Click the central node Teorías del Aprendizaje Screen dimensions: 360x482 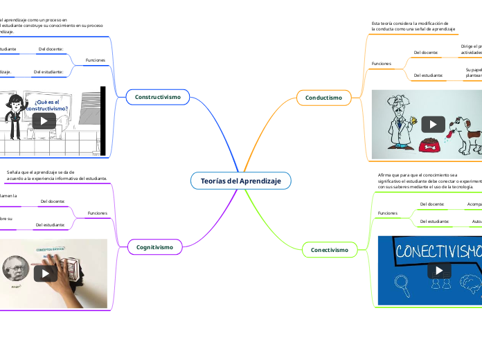[240, 181]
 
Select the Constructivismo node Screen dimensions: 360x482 [158, 98]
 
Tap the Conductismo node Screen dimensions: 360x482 [323, 98]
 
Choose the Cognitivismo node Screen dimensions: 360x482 [154, 246]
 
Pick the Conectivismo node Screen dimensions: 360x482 [329, 249]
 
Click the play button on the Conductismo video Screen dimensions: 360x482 [434, 125]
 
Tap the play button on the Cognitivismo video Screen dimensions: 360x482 [45, 273]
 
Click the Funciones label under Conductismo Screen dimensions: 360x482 [382, 64]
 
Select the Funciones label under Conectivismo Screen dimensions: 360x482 [387, 213]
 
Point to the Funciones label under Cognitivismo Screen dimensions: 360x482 [97, 213]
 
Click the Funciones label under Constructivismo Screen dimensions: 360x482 [95, 60]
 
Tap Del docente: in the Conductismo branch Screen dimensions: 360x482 [425, 53]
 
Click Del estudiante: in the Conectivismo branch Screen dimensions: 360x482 [434, 222]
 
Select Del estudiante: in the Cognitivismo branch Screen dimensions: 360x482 [50, 225]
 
